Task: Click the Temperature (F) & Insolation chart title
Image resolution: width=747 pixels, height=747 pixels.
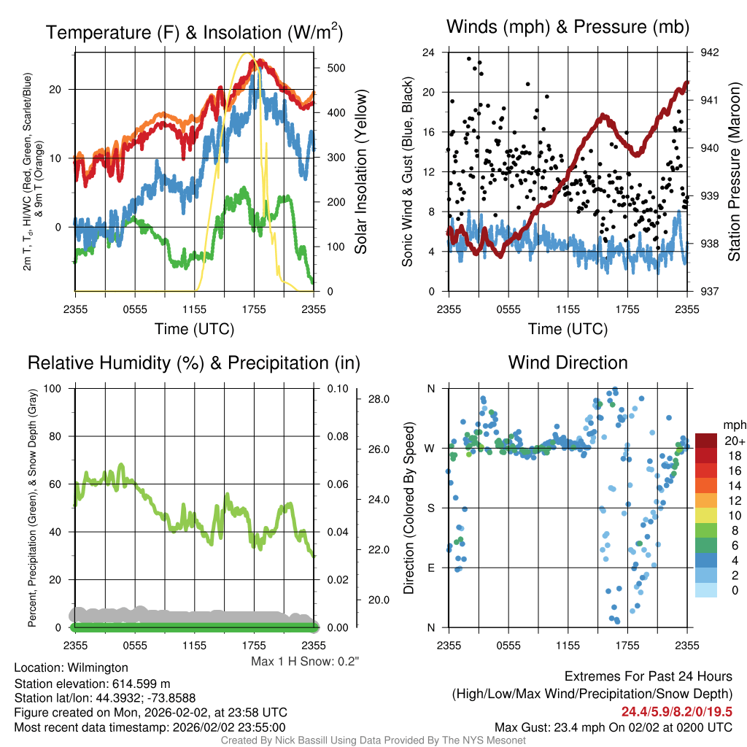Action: (x=194, y=32)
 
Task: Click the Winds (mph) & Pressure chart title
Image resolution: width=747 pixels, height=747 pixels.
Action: (x=568, y=27)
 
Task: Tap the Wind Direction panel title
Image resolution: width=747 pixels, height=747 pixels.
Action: (x=568, y=363)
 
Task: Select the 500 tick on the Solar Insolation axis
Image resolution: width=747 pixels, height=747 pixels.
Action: (x=336, y=68)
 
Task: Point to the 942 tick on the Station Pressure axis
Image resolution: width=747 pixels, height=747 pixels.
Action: (x=709, y=53)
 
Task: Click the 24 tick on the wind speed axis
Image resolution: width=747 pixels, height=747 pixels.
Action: (x=428, y=52)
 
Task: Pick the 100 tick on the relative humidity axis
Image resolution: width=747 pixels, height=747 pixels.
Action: (x=53, y=388)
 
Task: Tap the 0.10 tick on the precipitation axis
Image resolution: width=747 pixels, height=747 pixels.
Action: (x=338, y=389)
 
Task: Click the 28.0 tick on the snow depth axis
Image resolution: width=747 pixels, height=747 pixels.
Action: (x=379, y=399)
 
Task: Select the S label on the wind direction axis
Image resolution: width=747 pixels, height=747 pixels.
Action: (x=430, y=508)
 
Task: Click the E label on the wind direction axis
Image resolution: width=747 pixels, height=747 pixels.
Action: (x=430, y=568)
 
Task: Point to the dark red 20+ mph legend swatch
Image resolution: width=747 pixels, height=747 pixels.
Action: (x=706, y=441)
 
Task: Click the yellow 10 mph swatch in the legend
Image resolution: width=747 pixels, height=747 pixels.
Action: (x=706, y=516)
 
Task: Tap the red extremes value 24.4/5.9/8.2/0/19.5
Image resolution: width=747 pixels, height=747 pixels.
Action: (x=676, y=712)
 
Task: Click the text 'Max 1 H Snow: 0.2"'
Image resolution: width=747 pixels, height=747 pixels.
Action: (x=305, y=661)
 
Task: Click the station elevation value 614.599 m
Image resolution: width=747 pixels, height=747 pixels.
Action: (x=141, y=684)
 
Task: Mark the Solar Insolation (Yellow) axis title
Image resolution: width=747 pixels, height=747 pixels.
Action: (x=360, y=171)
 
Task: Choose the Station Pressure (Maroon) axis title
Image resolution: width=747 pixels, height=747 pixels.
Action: (x=734, y=171)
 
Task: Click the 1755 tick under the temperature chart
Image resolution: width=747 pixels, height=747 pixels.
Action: (x=254, y=309)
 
